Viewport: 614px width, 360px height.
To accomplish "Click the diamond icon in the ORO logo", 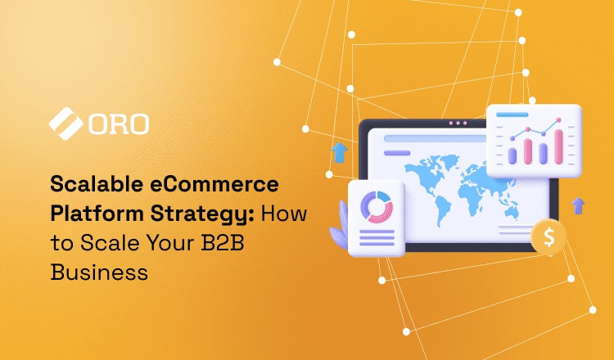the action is [65, 124].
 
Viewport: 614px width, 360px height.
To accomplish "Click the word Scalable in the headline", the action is [97, 183].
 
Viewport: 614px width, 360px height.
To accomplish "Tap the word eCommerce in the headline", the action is [214, 183].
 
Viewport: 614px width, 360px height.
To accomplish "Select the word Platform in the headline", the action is [97, 214].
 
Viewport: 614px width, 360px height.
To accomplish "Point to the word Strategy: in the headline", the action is [202, 214].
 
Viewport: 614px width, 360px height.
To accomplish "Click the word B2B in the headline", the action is [223, 243].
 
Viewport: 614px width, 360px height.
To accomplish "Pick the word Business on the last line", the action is [99, 272].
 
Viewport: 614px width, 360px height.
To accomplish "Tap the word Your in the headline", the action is [171, 243].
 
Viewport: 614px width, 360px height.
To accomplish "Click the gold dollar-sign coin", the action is [549, 236].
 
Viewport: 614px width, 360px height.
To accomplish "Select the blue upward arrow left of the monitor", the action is [340, 152].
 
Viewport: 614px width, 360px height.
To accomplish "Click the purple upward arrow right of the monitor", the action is [578, 205].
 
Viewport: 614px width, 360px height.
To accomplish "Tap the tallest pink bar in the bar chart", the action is [558, 146].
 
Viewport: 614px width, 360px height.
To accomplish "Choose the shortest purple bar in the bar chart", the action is [512, 156].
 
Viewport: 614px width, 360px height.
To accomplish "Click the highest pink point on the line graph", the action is [558, 120].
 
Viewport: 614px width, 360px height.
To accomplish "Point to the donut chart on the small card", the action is [377, 207].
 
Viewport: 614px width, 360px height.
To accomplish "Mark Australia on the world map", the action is [512, 213].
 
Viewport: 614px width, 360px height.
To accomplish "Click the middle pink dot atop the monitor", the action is [458, 123].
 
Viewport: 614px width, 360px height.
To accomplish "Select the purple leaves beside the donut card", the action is [339, 227].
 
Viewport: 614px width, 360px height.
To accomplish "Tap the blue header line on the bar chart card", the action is [512, 115].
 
